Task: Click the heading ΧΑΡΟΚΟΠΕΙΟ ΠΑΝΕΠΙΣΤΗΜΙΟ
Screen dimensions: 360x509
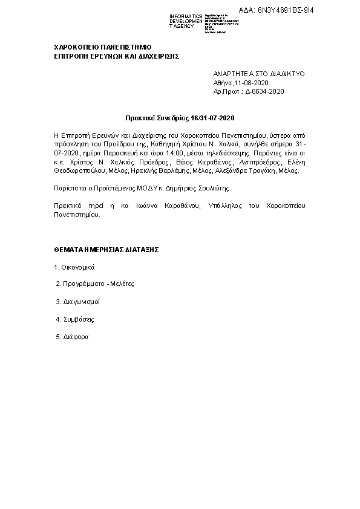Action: (x=102, y=47)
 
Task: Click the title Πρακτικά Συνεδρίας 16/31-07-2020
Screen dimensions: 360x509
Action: (x=180, y=117)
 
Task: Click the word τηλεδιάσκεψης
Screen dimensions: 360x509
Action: (x=221, y=154)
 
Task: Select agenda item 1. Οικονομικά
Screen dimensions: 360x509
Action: (x=74, y=267)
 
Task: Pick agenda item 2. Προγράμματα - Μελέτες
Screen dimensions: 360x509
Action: (x=94, y=284)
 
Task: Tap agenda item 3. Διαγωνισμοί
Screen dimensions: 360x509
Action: (x=78, y=301)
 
